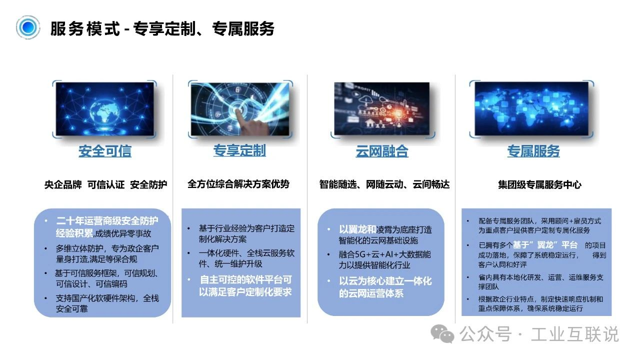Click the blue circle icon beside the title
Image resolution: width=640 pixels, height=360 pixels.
[x=27, y=27]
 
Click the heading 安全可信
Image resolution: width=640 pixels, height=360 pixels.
[x=105, y=151]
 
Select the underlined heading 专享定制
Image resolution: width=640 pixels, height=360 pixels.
[x=239, y=150]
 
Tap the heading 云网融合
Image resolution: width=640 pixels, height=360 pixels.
[x=381, y=151]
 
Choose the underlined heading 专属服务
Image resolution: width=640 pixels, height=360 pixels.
[x=533, y=151]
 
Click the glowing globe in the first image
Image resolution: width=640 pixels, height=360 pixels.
[x=104, y=112]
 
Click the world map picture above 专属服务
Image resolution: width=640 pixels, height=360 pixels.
[x=531, y=108]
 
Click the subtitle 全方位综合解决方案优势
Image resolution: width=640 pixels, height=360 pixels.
[x=238, y=184]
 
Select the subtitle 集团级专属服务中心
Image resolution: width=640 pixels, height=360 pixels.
[x=539, y=184]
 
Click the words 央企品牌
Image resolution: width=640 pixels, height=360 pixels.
[x=63, y=184]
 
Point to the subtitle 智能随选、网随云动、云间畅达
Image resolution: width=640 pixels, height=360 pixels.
[x=384, y=184]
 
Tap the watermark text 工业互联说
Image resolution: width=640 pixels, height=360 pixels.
[x=574, y=334]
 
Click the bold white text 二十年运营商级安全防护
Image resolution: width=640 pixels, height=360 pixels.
[x=107, y=220]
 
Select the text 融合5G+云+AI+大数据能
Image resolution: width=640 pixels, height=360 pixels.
[x=384, y=254]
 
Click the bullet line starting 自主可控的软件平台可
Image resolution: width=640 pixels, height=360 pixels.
[x=245, y=279]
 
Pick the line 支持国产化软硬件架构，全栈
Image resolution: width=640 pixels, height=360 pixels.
[x=107, y=298]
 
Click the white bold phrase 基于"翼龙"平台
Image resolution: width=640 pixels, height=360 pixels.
[x=545, y=245]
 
